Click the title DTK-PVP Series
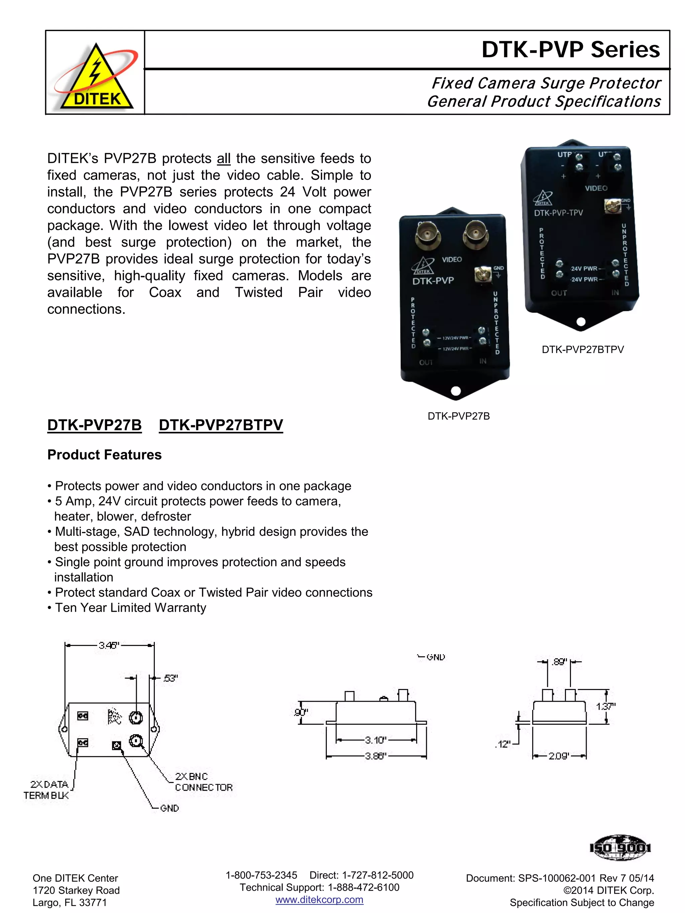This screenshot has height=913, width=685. click(x=570, y=49)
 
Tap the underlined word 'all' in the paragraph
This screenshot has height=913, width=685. click(x=223, y=158)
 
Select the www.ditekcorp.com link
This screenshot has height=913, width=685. click(x=319, y=900)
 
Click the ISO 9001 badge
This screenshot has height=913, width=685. click(x=620, y=848)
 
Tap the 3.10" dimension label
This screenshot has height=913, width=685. click(x=375, y=740)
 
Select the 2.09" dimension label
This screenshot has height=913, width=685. click(x=559, y=756)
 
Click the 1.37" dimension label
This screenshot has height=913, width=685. click(x=605, y=706)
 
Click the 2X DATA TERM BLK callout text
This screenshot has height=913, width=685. click(x=46, y=790)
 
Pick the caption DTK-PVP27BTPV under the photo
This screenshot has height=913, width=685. click(x=583, y=350)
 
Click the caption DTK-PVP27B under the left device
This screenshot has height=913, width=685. click(x=458, y=416)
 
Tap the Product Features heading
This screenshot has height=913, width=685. click(x=104, y=454)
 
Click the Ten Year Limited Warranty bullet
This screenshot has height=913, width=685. click(x=130, y=607)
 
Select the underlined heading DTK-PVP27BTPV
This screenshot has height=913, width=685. click(x=221, y=425)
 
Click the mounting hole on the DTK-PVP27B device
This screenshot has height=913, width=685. click(x=456, y=391)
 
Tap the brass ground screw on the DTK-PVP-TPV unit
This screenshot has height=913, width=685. click(x=612, y=206)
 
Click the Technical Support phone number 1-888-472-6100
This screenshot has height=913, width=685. click(x=363, y=887)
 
